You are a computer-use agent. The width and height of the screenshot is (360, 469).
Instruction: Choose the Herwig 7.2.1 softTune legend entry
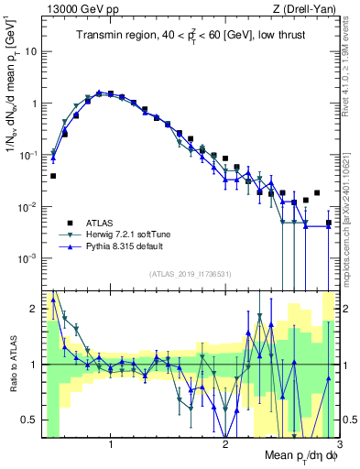pos(129,235)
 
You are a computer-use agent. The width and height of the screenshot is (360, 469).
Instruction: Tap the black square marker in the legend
pos(67,223)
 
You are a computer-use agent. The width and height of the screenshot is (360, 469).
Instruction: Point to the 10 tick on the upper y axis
pos(30,51)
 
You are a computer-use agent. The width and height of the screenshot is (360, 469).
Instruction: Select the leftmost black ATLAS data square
pos(53,175)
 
